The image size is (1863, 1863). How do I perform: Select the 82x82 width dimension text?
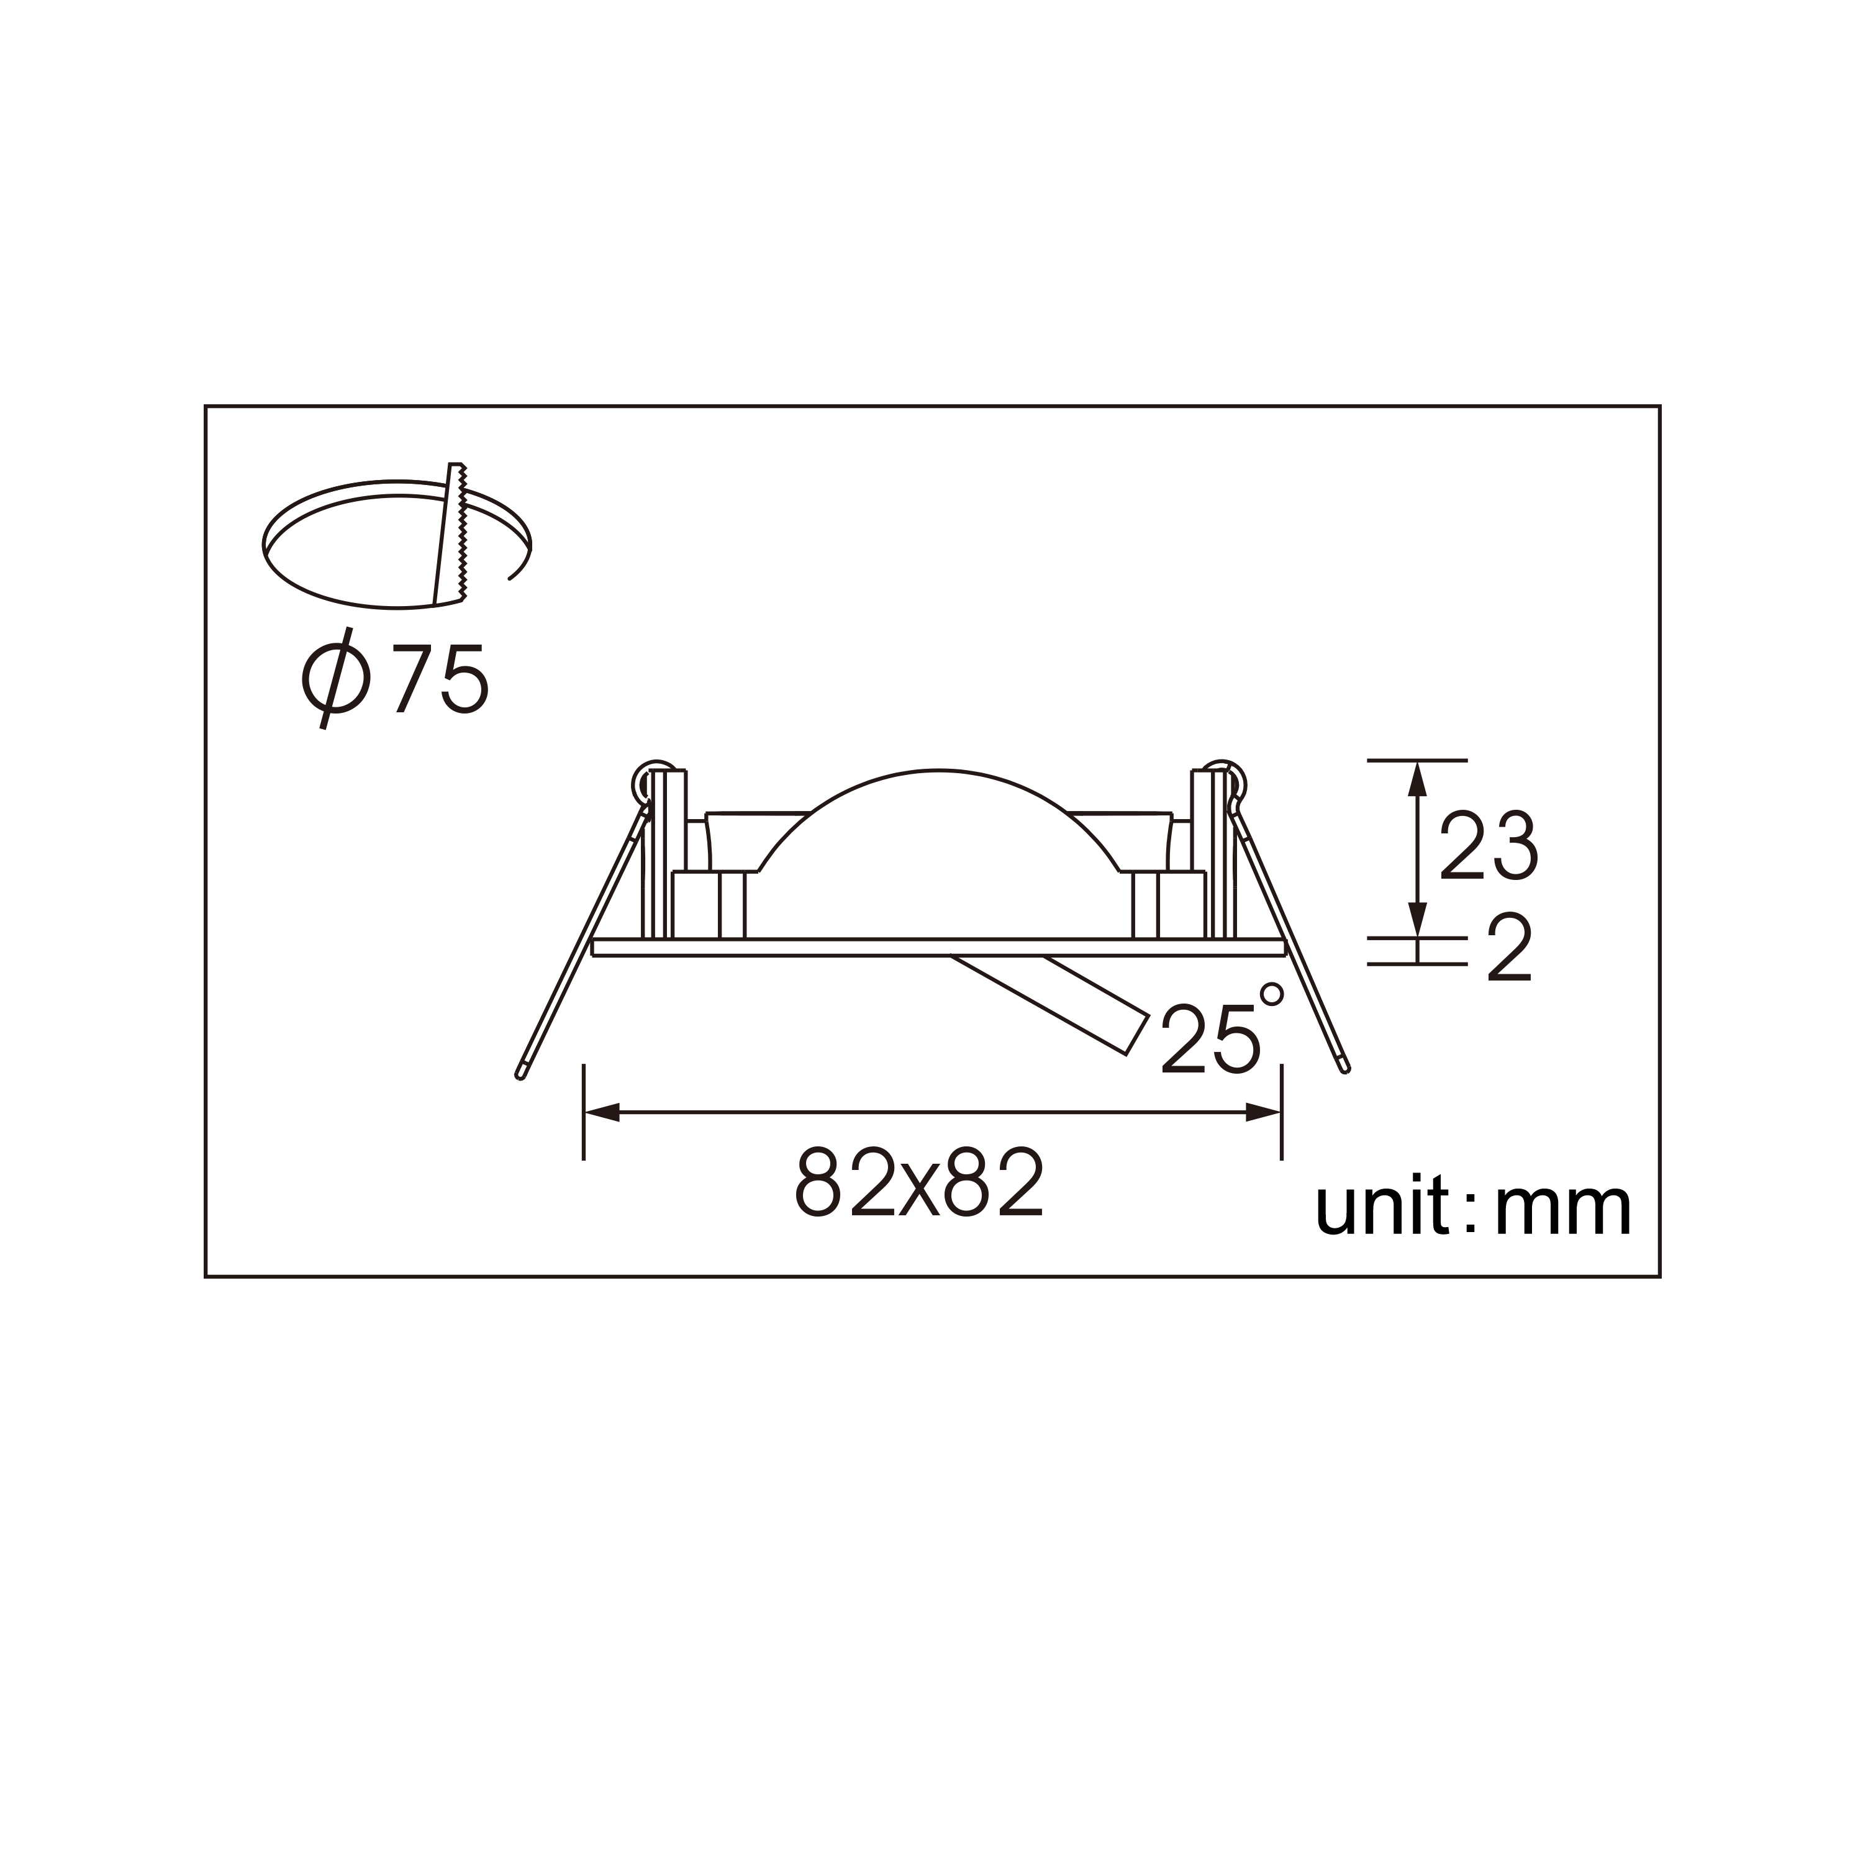coord(919,1182)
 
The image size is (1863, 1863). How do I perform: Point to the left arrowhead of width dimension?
coord(600,1113)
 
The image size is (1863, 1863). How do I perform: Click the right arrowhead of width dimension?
coord(1264,1113)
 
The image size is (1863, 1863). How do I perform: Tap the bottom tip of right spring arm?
coord(1346,1067)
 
